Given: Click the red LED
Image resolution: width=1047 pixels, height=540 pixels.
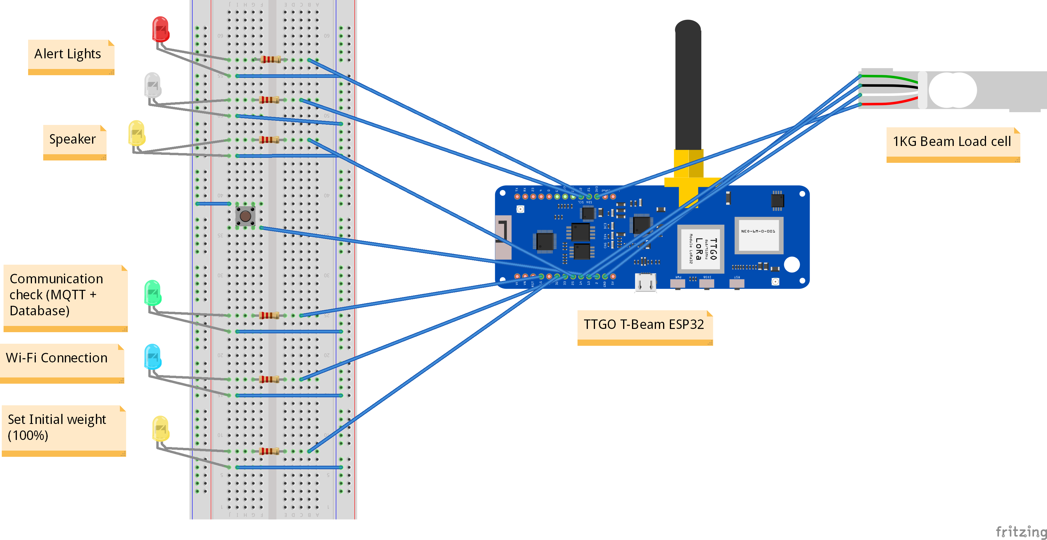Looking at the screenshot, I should [x=160, y=29].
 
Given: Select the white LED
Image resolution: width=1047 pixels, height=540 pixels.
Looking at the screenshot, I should [x=152, y=85].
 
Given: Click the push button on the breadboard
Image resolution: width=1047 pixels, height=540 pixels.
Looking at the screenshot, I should [x=245, y=216].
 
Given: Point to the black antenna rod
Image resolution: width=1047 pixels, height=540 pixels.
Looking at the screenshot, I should [x=688, y=85].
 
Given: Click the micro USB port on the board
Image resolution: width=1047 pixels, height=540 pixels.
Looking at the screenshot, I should [x=645, y=282].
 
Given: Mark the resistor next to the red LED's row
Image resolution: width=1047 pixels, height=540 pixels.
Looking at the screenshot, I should [x=270, y=60].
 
